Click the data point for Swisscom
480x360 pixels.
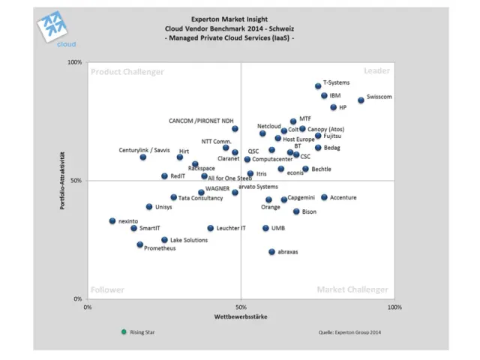[x=361, y=100]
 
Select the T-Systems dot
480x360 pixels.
[x=318, y=86]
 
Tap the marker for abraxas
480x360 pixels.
[x=271, y=252]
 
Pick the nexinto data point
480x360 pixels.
[x=112, y=221]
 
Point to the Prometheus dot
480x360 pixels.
[x=139, y=244]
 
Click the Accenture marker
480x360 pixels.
[x=324, y=197]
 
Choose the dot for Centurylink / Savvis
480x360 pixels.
[x=143, y=157]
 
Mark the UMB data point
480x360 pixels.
[x=265, y=228]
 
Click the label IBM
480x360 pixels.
[x=335, y=96]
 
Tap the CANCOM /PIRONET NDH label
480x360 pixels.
[x=201, y=120]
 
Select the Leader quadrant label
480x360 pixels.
[x=376, y=70]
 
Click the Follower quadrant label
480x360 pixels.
[x=107, y=289]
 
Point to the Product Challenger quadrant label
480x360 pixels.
[x=127, y=71]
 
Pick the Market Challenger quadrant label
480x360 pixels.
[x=352, y=289]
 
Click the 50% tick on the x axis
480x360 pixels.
[x=240, y=307]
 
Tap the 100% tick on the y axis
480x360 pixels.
[x=75, y=62]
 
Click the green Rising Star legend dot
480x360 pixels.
[x=124, y=331]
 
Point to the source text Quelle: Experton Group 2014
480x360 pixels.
[x=350, y=331]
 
